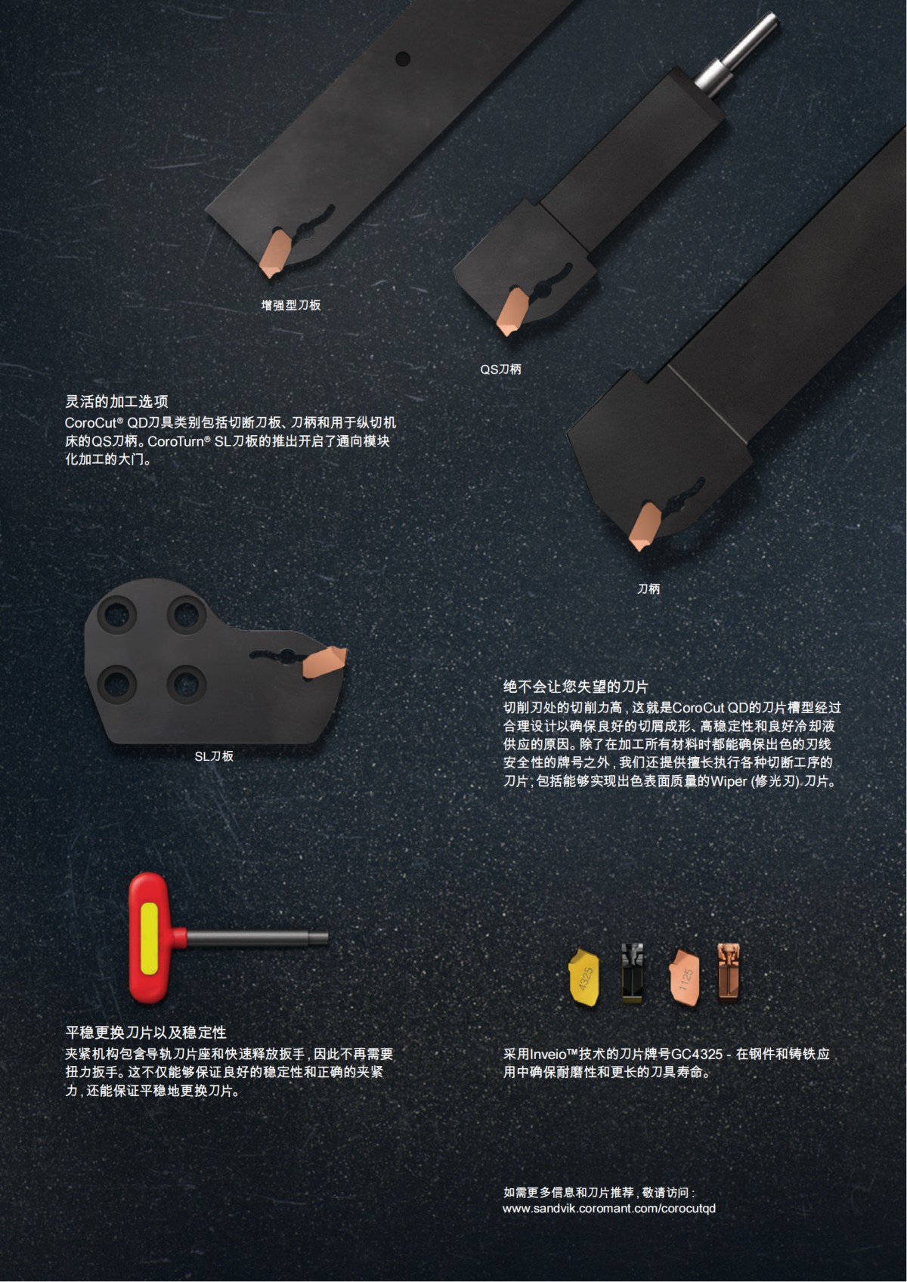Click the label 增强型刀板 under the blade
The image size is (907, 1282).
pos(291,305)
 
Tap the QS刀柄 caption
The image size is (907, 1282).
pos(500,369)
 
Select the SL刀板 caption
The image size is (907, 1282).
pos(214,755)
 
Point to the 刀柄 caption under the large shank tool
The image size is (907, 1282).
pos(649,588)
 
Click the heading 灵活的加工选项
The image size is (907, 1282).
pos(116,402)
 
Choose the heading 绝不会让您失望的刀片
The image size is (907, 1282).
pos(576,687)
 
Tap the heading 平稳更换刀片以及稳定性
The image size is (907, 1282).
pos(146,1032)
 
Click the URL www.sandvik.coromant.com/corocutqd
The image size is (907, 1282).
pos(609,1208)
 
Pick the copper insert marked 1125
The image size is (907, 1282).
pos(685,977)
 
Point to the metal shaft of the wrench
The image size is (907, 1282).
pos(257,938)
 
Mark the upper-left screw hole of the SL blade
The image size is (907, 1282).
pos(119,613)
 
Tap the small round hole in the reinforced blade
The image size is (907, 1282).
pos(403,57)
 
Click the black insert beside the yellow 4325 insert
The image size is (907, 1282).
pos(633,974)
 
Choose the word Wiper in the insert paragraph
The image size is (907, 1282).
pos(728,781)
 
